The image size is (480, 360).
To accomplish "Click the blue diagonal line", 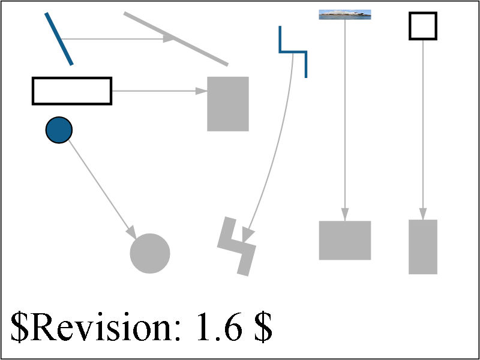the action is pyautogui.click(x=59, y=39).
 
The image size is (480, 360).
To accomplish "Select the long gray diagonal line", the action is pyautogui.click(x=176, y=39).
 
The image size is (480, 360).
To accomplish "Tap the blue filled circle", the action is pyautogui.click(x=59, y=130).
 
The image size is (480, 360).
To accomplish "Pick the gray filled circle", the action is pyautogui.click(x=150, y=253).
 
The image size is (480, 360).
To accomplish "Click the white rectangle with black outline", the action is pyautogui.click(x=72, y=91).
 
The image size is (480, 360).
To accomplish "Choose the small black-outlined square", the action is pyautogui.click(x=423, y=26).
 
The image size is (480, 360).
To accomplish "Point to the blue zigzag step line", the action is pyautogui.click(x=293, y=52).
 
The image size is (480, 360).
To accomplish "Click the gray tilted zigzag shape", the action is pyautogui.click(x=236, y=246).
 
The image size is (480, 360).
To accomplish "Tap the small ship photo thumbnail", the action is pyautogui.click(x=345, y=14).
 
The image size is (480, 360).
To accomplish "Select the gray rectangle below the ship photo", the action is pyautogui.click(x=345, y=241).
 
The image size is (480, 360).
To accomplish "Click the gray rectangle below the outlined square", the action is pyautogui.click(x=423, y=247).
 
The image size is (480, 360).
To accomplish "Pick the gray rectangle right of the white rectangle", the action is pyautogui.click(x=228, y=104).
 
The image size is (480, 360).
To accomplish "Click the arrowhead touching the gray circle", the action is pyautogui.click(x=131, y=232).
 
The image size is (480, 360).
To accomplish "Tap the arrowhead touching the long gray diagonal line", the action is pyautogui.click(x=169, y=38).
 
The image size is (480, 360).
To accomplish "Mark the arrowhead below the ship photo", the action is pyautogui.click(x=345, y=214).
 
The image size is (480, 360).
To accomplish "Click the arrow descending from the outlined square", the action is pyautogui.click(x=423, y=130).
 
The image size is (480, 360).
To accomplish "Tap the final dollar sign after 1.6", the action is pyautogui.click(x=262, y=327).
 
